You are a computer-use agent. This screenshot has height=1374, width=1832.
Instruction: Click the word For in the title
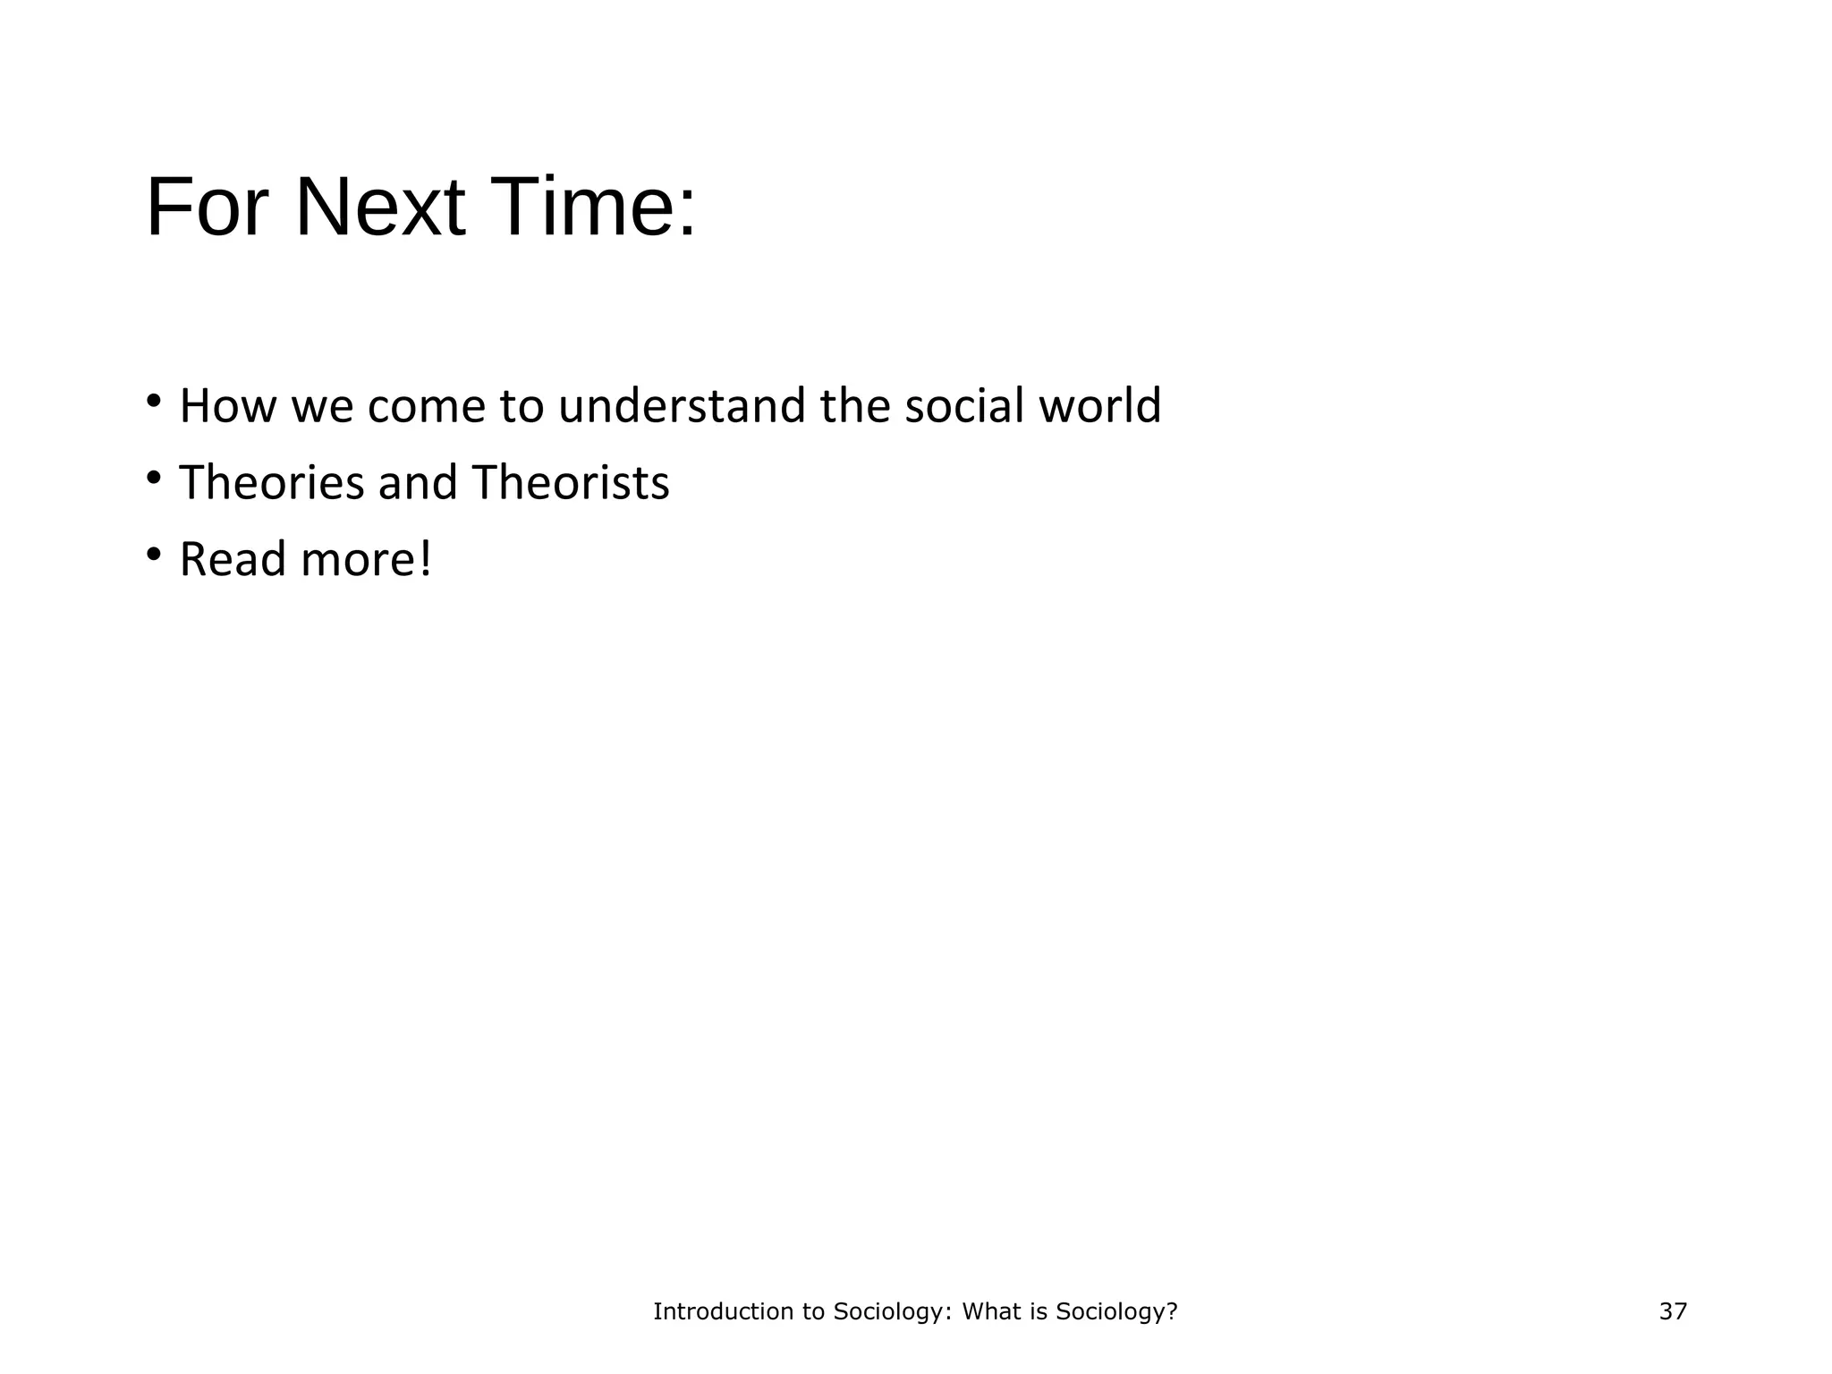tap(207, 208)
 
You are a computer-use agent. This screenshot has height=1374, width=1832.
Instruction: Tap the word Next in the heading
tap(380, 208)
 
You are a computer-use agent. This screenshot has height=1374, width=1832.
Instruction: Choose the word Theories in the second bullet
tap(271, 483)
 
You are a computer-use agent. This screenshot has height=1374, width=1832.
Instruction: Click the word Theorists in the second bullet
tap(570, 483)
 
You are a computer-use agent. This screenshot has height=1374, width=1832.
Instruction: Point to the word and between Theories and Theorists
tap(417, 483)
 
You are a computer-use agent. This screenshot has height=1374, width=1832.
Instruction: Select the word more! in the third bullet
tap(367, 560)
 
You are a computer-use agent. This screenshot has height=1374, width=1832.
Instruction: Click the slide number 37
tap(1672, 1311)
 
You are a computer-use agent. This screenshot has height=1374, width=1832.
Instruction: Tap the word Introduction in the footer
tap(714, 1311)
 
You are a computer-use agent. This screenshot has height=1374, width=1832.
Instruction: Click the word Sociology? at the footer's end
tap(1116, 1311)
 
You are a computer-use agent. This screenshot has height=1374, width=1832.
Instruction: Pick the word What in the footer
tap(990, 1311)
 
